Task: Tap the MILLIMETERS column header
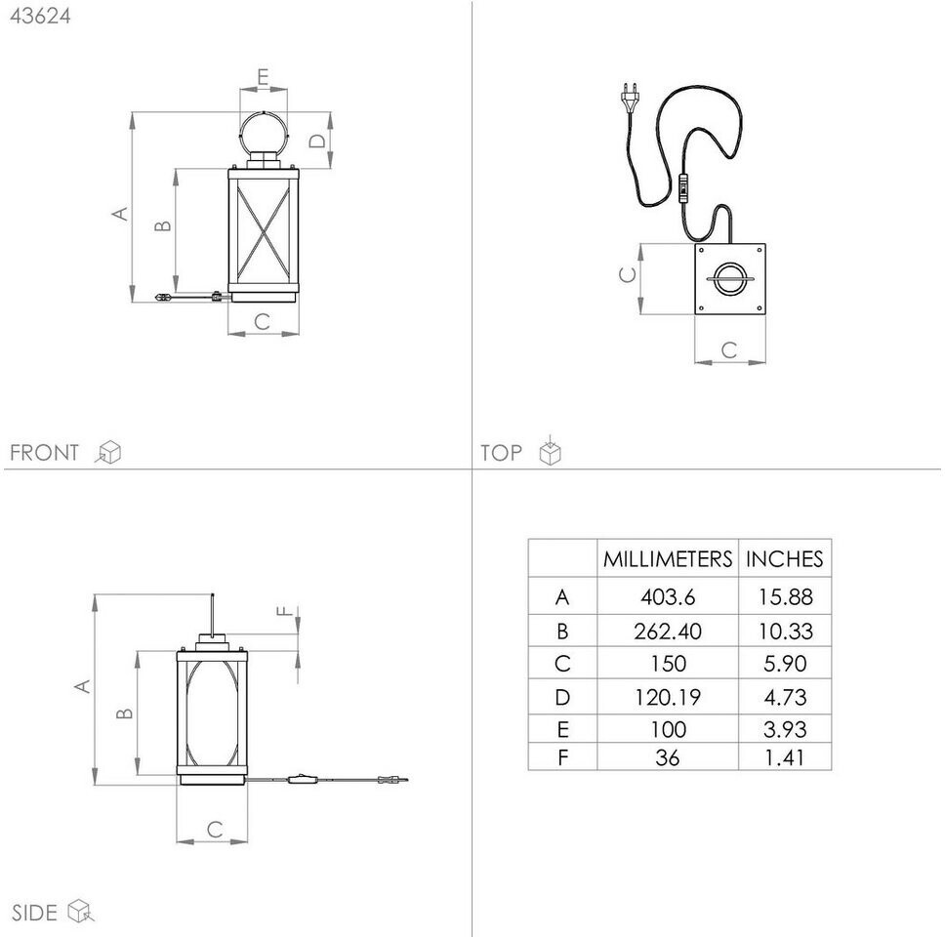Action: pyautogui.click(x=667, y=559)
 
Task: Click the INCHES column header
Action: pyautogui.click(x=784, y=559)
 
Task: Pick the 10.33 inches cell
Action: pyautogui.click(x=785, y=631)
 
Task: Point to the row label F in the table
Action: pyautogui.click(x=561, y=756)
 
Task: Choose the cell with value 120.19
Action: pyautogui.click(x=667, y=697)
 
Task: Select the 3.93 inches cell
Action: pyautogui.click(x=785, y=729)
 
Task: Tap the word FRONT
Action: pyautogui.click(x=44, y=453)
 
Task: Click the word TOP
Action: pyautogui.click(x=501, y=453)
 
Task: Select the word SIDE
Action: pyautogui.click(x=33, y=913)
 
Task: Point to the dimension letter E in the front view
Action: pyautogui.click(x=264, y=77)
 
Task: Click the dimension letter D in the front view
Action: pyautogui.click(x=317, y=141)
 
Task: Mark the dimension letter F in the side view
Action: pyautogui.click(x=284, y=612)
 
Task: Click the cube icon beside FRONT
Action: pyautogui.click(x=109, y=452)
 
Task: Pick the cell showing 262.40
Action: pyautogui.click(x=667, y=631)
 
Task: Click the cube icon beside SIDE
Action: pyautogui.click(x=80, y=912)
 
